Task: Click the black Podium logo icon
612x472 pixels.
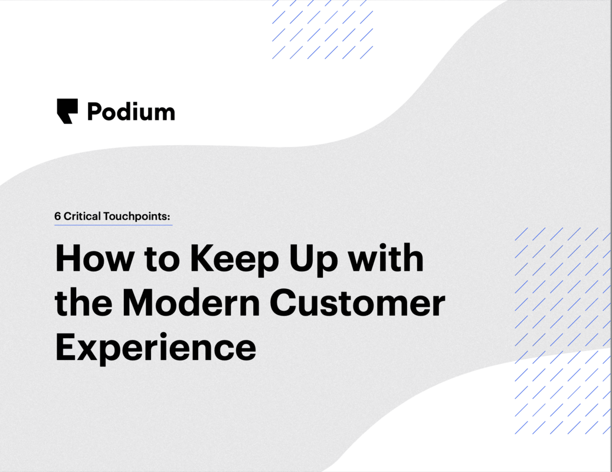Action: coord(67,111)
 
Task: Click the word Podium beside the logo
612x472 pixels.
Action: coord(131,112)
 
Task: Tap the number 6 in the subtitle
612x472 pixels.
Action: coord(58,217)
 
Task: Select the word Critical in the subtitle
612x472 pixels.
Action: coord(82,217)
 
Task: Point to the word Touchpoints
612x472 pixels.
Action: coord(135,217)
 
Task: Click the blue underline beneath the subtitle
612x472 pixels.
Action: coord(113,225)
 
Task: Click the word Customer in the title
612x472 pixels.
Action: coord(358,303)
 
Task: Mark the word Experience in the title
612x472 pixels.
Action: coord(155,348)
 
